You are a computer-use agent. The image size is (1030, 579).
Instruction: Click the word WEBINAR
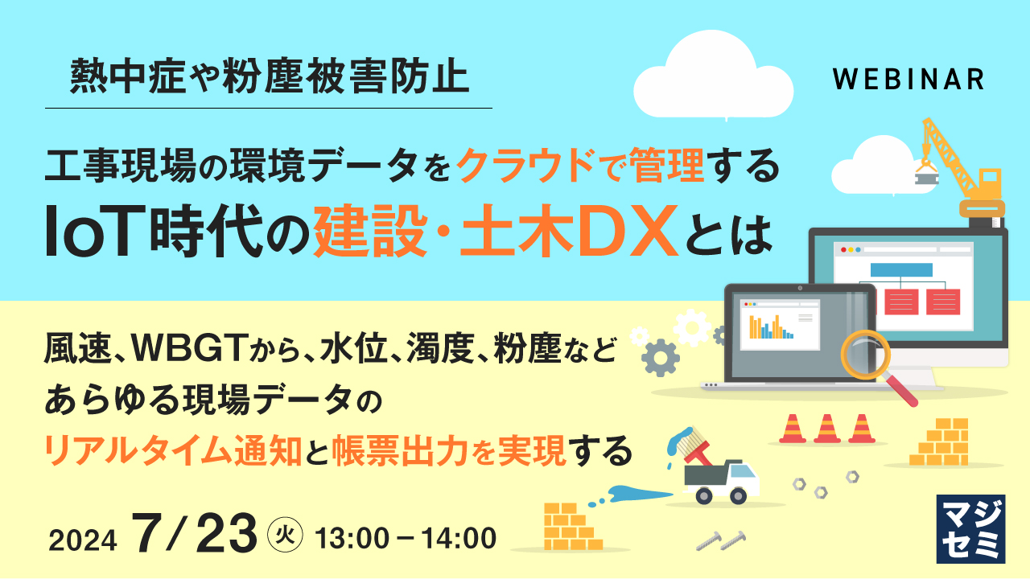(908, 79)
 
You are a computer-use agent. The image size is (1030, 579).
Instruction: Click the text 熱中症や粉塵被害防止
(269, 79)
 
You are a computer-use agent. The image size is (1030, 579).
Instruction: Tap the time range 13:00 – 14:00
(406, 538)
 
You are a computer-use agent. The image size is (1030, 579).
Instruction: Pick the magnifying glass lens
(865, 355)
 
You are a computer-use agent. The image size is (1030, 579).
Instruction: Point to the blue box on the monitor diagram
(901, 269)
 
